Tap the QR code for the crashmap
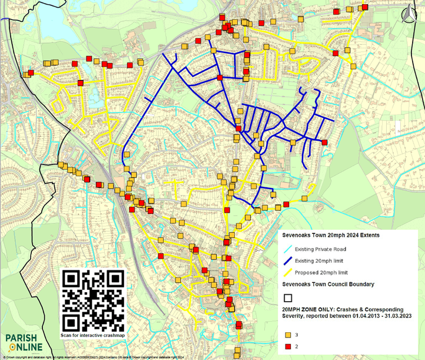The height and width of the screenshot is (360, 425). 94,300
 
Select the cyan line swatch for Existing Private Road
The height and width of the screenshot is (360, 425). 288,249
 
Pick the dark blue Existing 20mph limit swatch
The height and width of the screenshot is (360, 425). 288,260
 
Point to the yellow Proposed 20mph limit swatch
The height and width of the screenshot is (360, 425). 288,272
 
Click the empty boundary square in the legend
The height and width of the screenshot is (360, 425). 288,298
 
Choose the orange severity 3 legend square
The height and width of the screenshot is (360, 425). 288,335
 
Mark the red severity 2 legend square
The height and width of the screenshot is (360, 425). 288,346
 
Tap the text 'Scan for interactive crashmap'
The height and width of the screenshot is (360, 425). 94,336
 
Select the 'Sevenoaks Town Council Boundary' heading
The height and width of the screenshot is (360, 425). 328,285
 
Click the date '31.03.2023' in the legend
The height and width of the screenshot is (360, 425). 392,316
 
